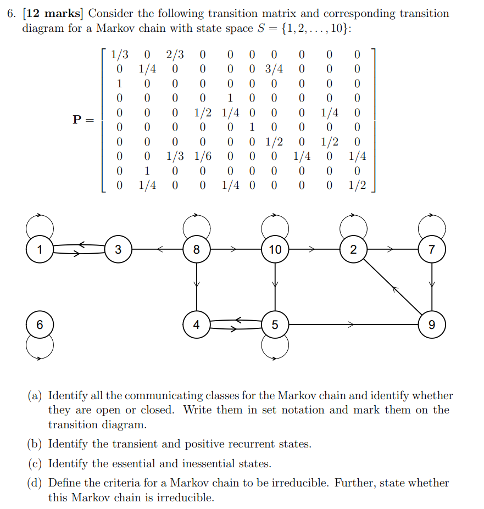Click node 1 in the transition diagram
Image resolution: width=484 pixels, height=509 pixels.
click(39, 250)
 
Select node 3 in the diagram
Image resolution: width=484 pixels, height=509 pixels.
click(118, 250)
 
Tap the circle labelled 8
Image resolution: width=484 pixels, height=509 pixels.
click(196, 250)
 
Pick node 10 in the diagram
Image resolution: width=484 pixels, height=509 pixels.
click(275, 250)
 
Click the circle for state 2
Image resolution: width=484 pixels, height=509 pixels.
click(353, 250)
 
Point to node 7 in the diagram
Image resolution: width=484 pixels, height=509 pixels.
click(432, 250)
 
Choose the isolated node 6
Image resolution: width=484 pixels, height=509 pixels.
click(39, 325)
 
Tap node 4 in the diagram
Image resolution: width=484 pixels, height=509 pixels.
click(196, 325)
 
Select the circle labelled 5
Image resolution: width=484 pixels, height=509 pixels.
click(275, 325)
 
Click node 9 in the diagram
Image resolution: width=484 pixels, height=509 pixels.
click(432, 325)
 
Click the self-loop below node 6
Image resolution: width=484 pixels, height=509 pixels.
click(40, 347)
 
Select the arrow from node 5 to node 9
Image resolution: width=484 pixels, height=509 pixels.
click(352, 325)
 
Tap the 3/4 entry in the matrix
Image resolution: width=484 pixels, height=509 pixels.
click(274, 69)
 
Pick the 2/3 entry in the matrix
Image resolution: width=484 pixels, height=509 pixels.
click(175, 54)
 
